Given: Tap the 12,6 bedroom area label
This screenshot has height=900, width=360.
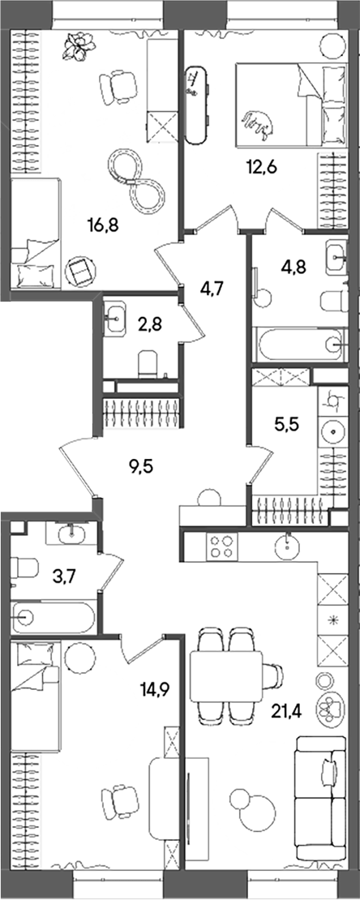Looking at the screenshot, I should [261, 168].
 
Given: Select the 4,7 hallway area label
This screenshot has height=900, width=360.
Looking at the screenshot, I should [213, 285].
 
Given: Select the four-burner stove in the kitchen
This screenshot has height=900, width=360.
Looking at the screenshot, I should [222, 546].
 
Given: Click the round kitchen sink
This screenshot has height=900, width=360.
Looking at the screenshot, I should [289, 546].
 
